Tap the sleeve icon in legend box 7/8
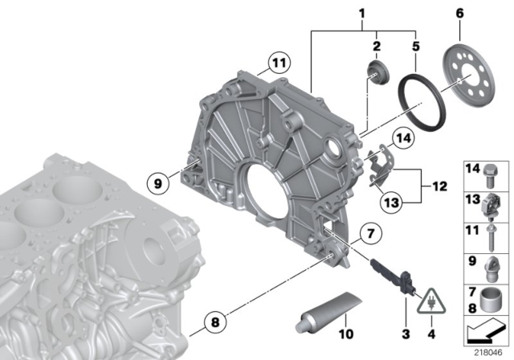tap(492, 300)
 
